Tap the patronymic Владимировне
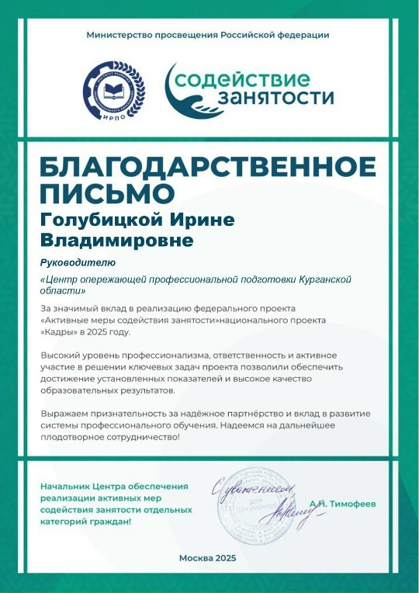tap(116, 241)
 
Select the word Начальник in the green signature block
tap(66, 486)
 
